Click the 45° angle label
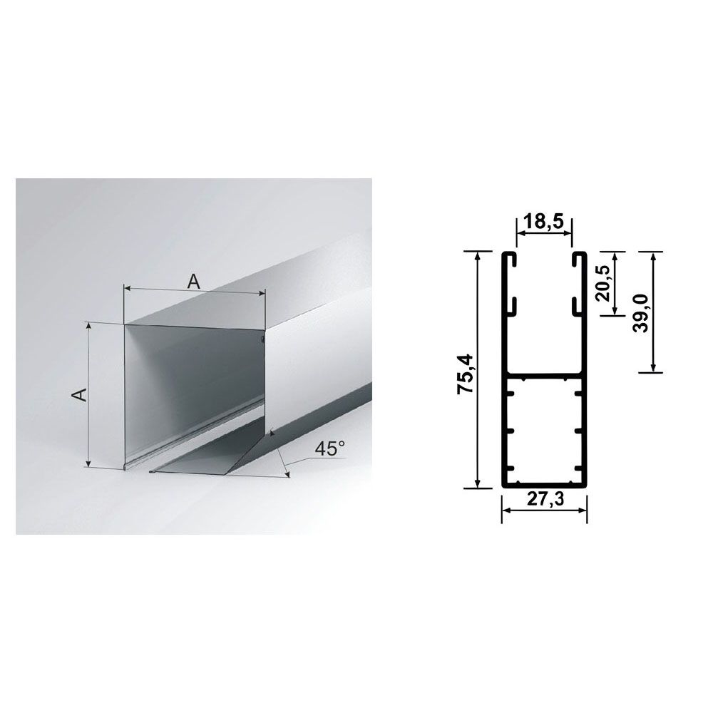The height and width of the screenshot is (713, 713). (x=329, y=448)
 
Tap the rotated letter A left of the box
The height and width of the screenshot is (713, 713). (x=81, y=394)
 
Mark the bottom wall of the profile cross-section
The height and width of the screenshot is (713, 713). (x=545, y=484)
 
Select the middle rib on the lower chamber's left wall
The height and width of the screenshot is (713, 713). (x=511, y=431)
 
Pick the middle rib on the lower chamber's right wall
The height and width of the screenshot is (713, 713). (x=579, y=431)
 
